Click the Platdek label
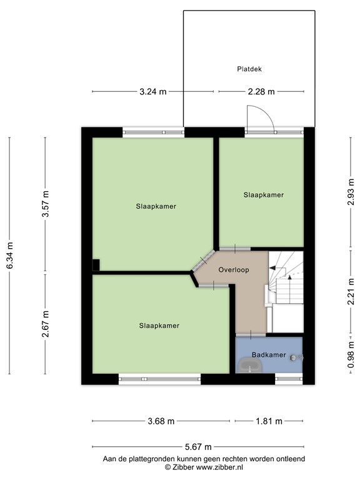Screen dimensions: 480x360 click(x=249, y=69)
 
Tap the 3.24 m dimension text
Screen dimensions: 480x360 click(x=152, y=91)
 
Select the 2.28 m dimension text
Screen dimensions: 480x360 click(x=261, y=91)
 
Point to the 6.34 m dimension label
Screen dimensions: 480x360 click(x=9, y=256)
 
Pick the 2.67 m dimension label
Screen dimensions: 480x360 click(x=45, y=324)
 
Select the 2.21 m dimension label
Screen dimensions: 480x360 click(x=351, y=293)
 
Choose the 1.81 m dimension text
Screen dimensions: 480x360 click(x=269, y=421)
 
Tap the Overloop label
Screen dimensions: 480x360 click(x=233, y=270)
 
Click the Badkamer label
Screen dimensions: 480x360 click(x=269, y=355)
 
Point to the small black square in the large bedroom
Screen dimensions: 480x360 click(x=96, y=264)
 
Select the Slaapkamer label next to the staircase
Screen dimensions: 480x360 click(x=263, y=195)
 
